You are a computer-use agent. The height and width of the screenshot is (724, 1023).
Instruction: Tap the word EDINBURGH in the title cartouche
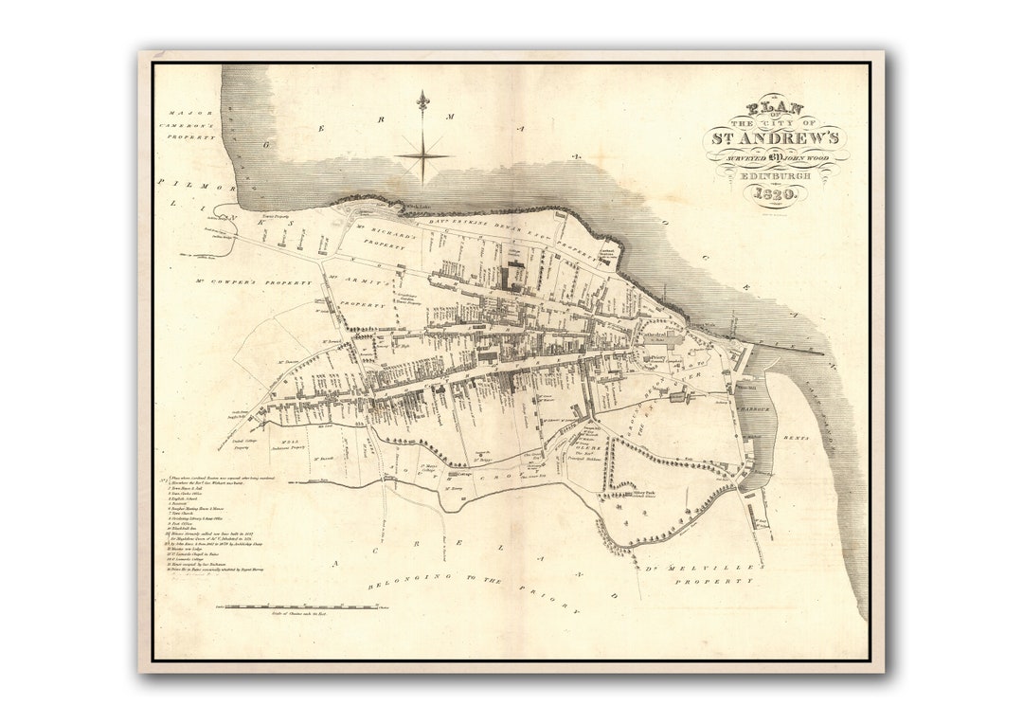point(776,174)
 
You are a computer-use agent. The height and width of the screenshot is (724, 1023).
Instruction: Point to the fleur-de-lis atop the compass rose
point(422,100)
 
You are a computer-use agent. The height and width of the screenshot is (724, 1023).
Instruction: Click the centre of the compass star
point(422,155)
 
